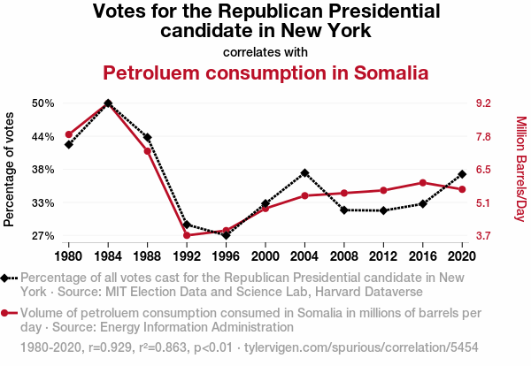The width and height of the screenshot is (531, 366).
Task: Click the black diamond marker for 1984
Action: click(108, 103)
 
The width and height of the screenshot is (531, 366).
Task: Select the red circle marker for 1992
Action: click(187, 235)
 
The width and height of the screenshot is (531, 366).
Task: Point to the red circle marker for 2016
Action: click(422, 183)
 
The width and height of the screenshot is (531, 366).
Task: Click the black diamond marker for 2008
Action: click(343, 210)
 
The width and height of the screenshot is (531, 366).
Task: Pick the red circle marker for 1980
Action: click(68, 134)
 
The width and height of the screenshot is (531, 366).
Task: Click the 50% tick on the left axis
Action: click(42, 103)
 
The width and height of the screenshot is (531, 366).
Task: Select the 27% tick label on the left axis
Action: click(42, 236)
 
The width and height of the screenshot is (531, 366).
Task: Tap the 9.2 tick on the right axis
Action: click(483, 103)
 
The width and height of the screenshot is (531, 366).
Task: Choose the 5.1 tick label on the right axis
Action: click(483, 203)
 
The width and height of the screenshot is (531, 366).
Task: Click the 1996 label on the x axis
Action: click(226, 256)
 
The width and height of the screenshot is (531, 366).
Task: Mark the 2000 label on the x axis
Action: click(265, 256)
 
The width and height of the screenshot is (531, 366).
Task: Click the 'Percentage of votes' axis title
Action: click(10, 169)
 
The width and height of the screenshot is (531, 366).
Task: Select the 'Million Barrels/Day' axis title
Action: click(520, 169)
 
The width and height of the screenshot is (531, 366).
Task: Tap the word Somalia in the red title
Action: click(378, 72)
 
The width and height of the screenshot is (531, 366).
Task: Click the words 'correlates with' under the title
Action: click(265, 51)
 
